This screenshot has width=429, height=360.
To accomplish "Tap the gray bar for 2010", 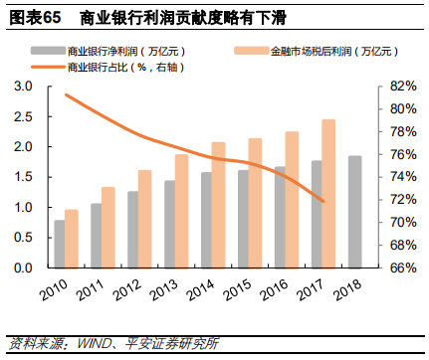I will point(60,244).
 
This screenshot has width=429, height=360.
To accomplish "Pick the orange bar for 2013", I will point(181,211).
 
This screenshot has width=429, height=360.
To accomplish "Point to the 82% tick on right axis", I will point(392,87).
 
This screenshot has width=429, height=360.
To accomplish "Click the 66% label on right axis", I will point(392,269).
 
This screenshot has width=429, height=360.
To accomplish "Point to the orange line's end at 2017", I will point(322,201).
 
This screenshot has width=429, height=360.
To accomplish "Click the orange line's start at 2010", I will point(66,94).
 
